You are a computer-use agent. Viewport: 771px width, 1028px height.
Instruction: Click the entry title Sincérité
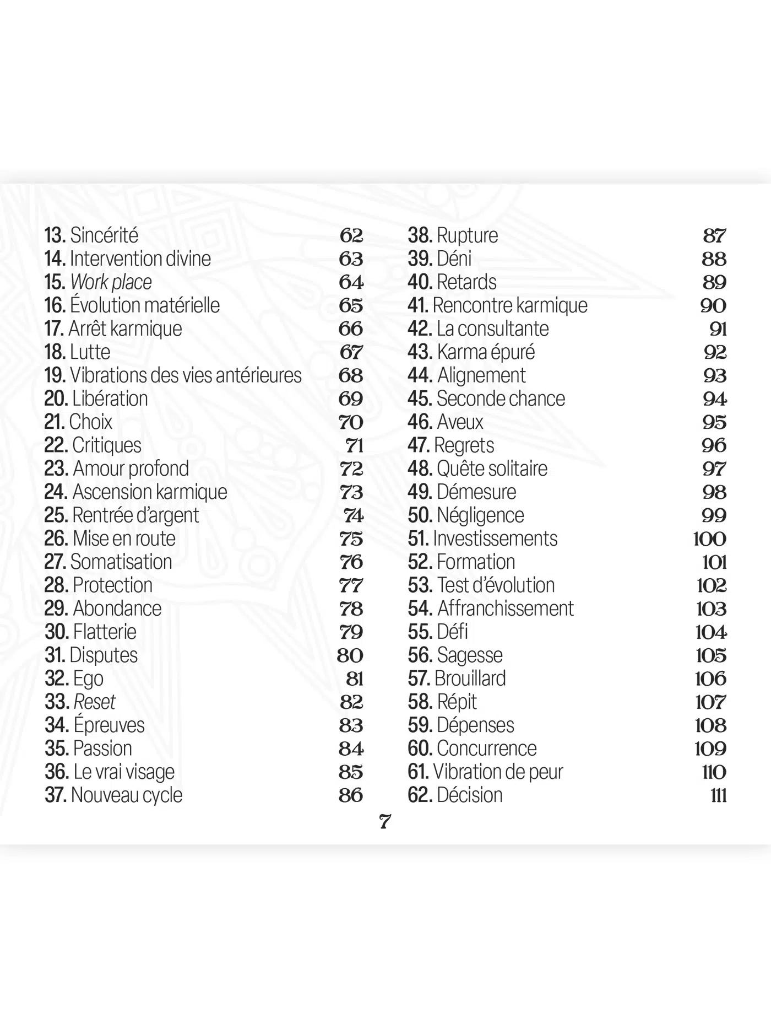104,235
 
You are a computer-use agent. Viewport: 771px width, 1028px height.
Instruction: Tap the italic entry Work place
111,282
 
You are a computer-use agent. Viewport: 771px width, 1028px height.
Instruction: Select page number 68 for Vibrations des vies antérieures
351,375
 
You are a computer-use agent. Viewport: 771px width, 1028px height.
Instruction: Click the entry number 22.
56,445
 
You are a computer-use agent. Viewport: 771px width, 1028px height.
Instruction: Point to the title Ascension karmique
150,492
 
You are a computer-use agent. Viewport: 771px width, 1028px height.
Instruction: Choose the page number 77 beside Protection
351,585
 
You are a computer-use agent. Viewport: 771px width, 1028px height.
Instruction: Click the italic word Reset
95,702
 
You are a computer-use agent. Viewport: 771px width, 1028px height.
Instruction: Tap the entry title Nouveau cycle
127,795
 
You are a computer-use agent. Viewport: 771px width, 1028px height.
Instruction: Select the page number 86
351,795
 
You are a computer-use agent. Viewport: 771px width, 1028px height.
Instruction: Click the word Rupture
467,235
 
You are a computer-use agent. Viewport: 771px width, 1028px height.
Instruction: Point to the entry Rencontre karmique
510,305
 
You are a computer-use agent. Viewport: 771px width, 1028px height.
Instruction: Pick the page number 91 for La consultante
718,329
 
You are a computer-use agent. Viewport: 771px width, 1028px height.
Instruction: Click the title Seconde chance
501,399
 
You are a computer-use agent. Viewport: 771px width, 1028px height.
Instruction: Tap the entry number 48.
420,469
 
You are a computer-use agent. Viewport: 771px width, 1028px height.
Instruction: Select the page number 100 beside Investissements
710,539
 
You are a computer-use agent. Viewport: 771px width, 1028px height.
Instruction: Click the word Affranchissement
505,609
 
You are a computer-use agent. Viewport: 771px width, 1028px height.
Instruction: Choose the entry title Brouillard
470,679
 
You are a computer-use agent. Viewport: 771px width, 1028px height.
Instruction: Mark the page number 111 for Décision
719,795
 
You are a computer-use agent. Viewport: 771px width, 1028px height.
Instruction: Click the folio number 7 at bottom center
385,822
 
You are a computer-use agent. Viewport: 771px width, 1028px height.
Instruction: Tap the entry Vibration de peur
498,772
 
